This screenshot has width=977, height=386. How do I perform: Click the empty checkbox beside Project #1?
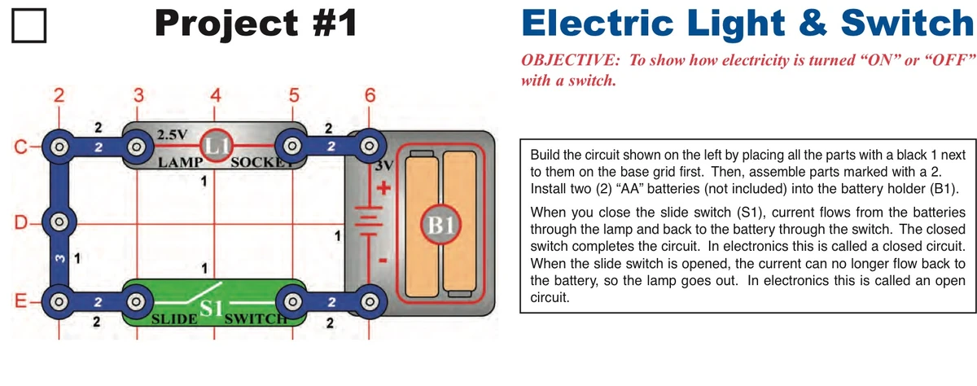[x=29, y=28]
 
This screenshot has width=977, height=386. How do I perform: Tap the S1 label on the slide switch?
[x=212, y=309]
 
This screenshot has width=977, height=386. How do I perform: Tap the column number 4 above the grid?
[x=215, y=95]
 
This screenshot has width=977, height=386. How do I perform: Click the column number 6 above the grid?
[x=370, y=95]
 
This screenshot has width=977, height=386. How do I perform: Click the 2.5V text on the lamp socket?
[x=172, y=133]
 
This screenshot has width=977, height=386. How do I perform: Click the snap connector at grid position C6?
[x=370, y=147]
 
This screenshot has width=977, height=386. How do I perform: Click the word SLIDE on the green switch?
[x=172, y=318]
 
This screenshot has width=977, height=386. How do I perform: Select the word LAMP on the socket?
[x=179, y=161]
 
